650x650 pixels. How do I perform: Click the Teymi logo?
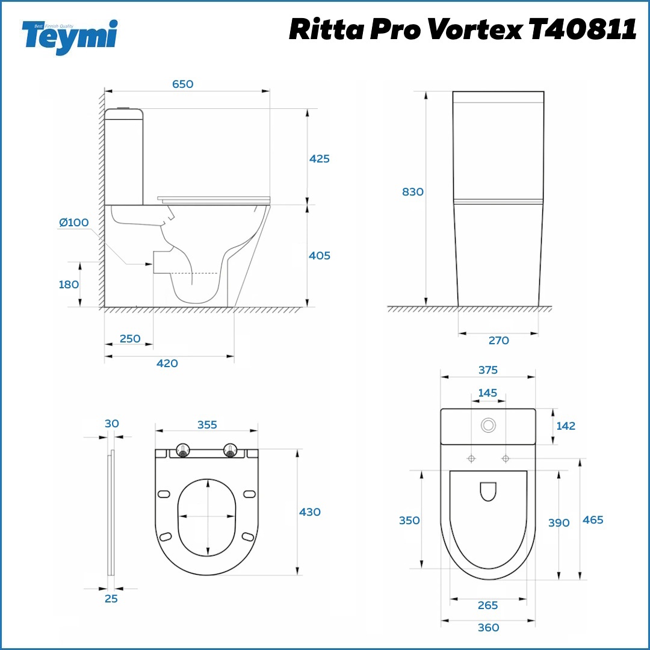70,37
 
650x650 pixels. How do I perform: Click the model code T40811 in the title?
583,29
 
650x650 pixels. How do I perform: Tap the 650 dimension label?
183,84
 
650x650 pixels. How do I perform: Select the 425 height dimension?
319,159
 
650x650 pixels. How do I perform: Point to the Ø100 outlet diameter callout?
74,223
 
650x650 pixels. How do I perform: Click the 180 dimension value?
69,285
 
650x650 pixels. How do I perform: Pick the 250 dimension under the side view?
130,339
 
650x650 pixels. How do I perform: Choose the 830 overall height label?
413,192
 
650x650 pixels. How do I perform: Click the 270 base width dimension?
499,341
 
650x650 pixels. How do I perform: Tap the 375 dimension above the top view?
488,370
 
